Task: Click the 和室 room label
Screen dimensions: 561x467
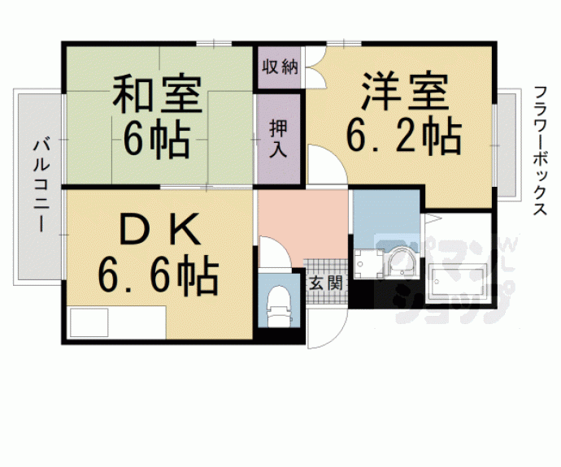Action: coord(158,93)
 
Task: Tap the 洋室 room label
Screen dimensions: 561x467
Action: coord(405,91)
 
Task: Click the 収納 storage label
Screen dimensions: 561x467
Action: coord(280,67)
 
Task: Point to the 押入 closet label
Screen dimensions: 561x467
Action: coord(278,140)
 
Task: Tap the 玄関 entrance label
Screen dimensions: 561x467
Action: coord(325,283)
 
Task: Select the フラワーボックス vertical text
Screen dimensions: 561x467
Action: coord(540,150)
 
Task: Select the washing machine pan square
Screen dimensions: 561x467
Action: coord(368,264)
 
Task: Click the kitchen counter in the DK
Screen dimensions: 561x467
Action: coord(117,322)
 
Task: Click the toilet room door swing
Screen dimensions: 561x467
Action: coord(275,252)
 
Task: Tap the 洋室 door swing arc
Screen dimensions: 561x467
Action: coord(328,165)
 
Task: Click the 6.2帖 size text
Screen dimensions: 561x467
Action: coord(403,136)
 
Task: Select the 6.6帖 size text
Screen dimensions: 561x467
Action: coord(158,274)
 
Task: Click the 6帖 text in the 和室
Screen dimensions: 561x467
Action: coord(157,141)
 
